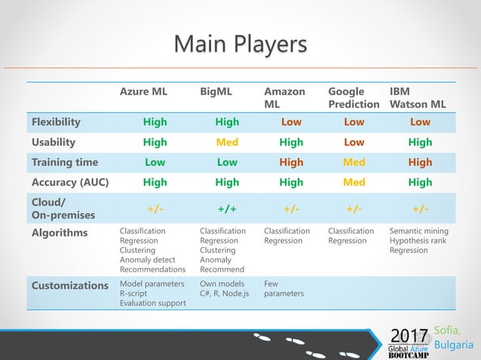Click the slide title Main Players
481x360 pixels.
240,44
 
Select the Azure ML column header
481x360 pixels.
143,92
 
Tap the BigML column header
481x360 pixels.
216,92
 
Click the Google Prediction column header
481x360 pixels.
354,98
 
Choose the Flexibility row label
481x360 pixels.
56,121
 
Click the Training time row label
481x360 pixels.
66,162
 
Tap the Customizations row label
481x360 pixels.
70,285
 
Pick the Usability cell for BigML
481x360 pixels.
227,142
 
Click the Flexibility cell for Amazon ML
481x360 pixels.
291,122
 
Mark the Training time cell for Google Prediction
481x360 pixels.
354,162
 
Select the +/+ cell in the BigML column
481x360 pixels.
227,208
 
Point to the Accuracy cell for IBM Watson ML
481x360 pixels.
420,182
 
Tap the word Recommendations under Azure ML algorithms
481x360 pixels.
152,269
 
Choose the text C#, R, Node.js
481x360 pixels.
224,294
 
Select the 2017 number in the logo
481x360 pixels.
408,334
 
